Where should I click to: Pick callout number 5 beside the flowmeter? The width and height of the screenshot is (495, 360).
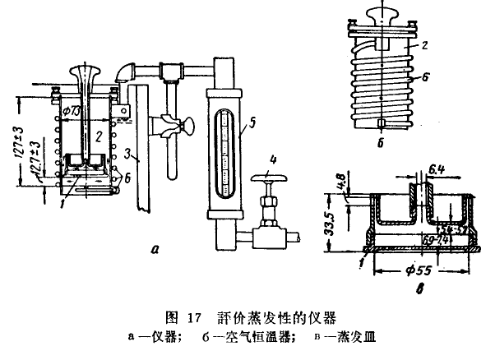tap(253, 122)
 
